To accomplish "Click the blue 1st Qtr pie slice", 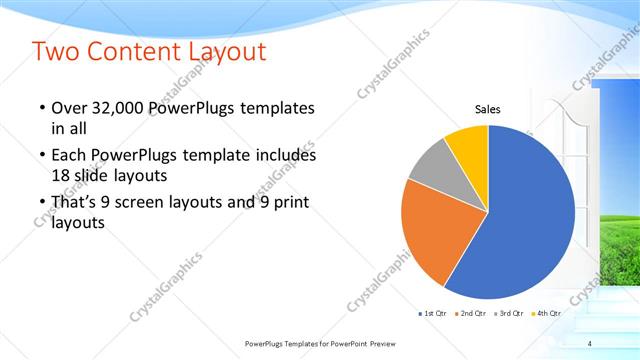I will point(530,215).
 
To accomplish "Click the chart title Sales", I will point(487,110).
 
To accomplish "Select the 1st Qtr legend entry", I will point(432,314).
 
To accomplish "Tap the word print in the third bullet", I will point(290,203).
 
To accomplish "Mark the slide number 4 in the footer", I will point(589,343).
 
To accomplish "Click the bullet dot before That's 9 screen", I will point(41,203).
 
